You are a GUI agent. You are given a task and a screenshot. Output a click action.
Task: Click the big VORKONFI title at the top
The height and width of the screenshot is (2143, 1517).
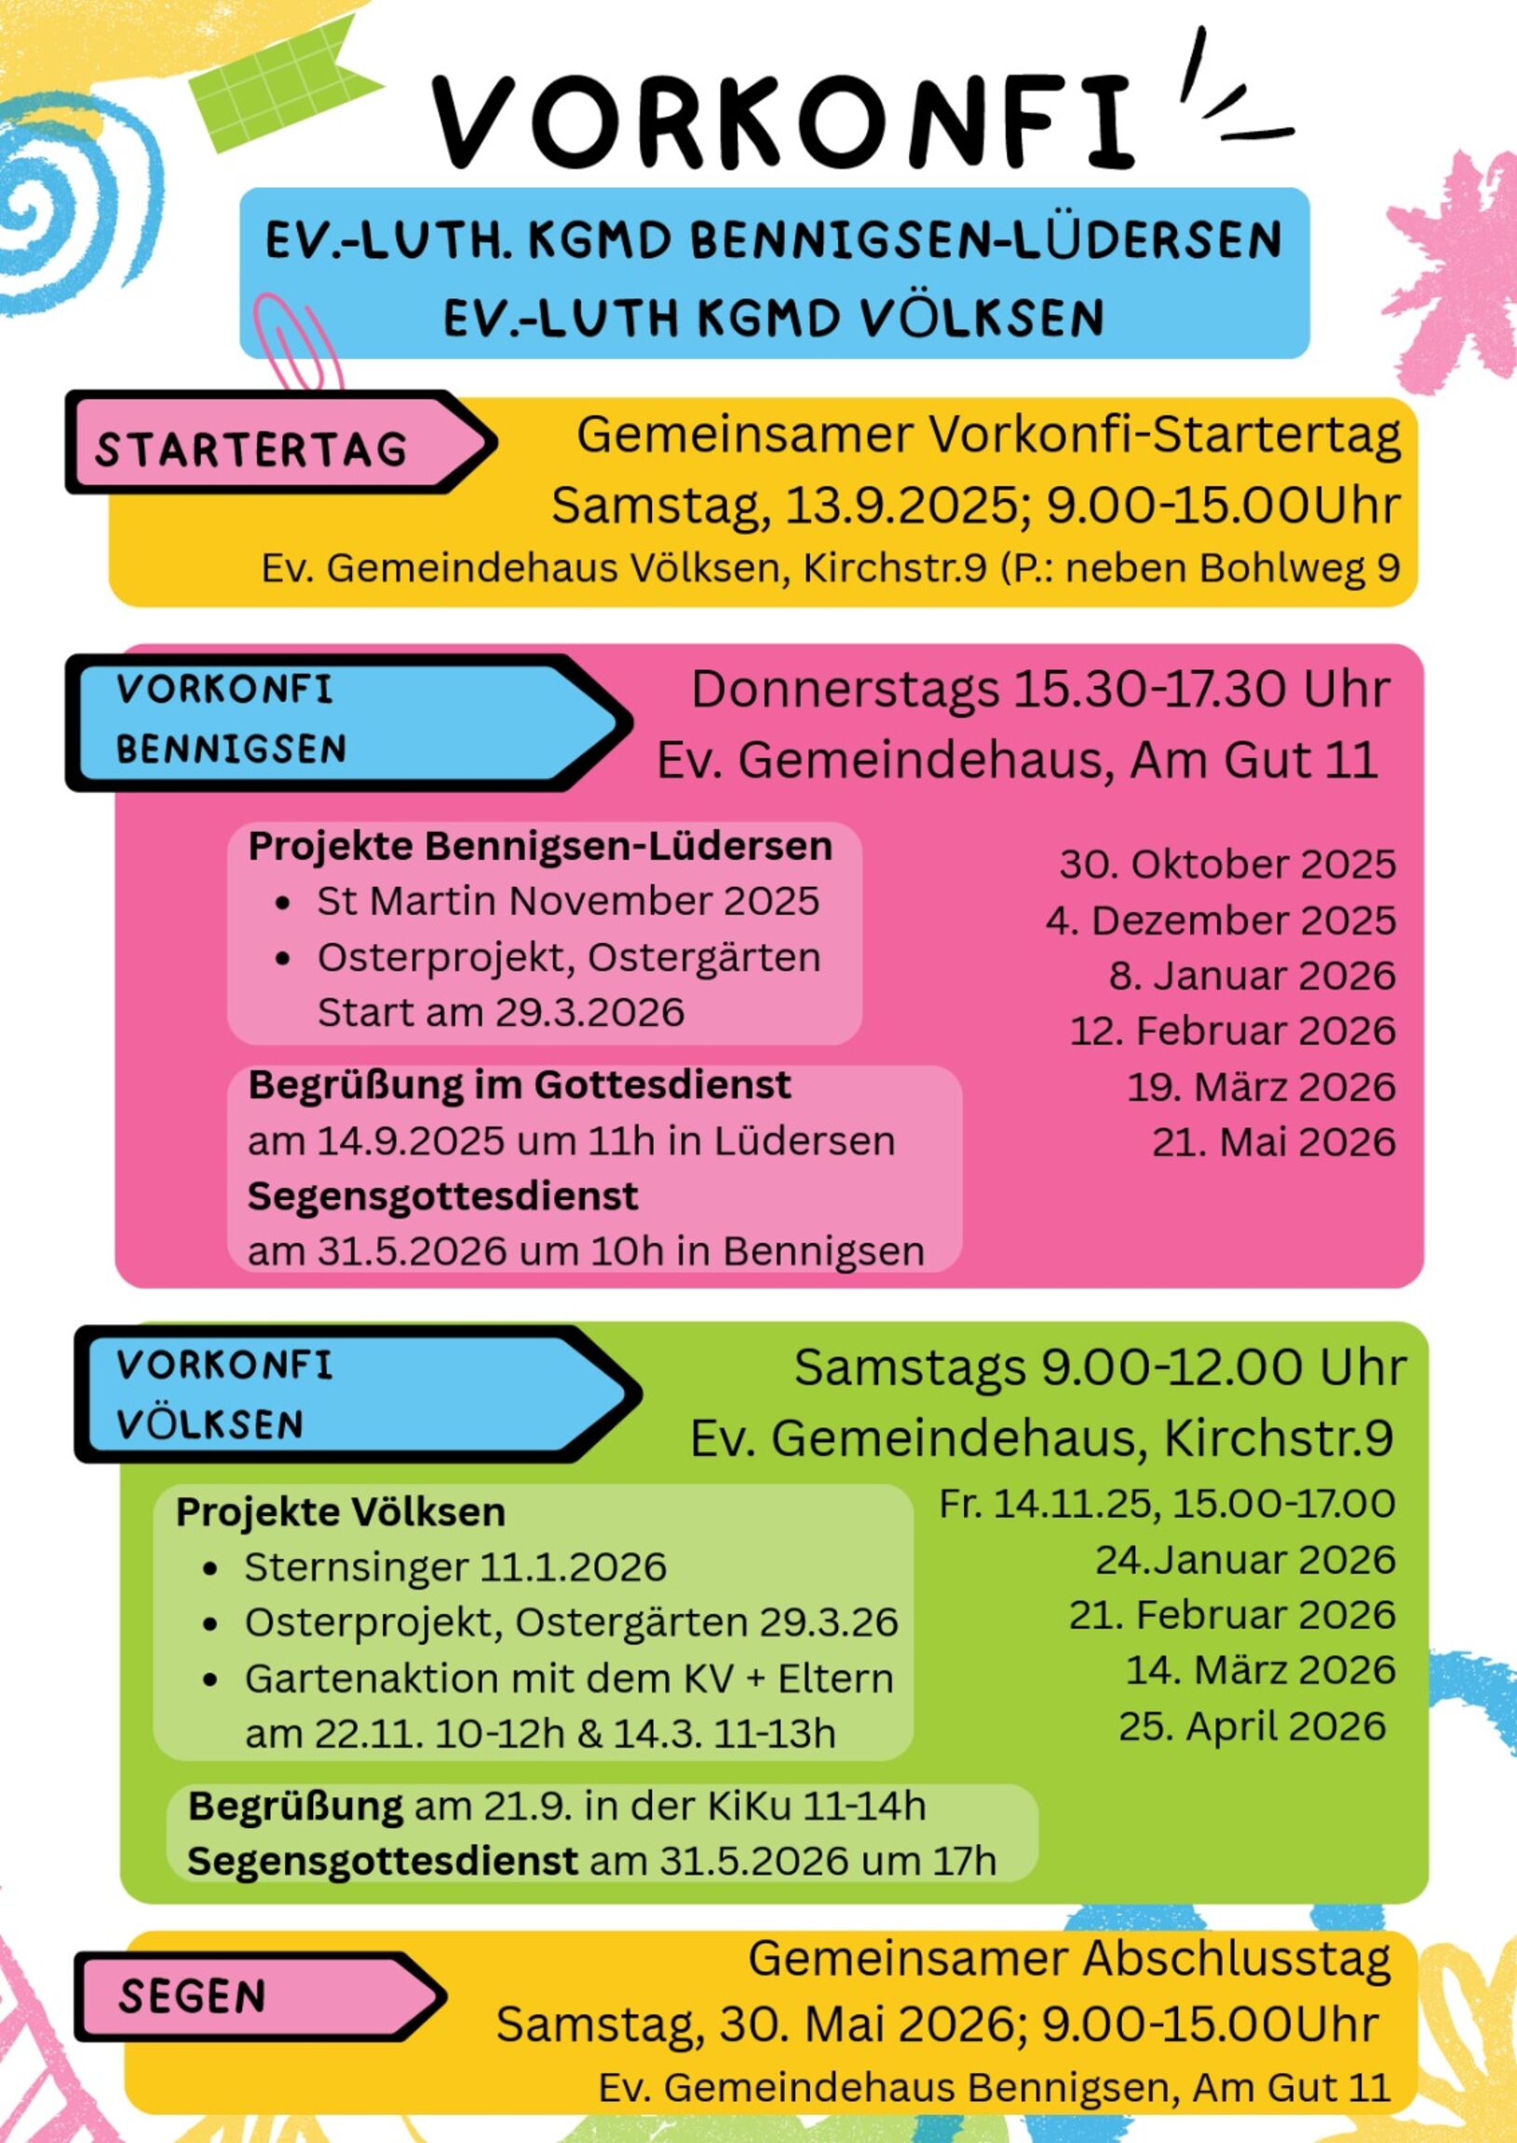pos(783,121)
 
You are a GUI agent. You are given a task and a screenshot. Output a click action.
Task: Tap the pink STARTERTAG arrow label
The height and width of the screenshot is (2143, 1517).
pos(252,449)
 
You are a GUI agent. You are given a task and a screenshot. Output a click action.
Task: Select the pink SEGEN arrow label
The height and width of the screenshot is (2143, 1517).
pos(194,1998)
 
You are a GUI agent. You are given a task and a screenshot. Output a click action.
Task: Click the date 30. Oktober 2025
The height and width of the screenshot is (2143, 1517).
pos(1226,865)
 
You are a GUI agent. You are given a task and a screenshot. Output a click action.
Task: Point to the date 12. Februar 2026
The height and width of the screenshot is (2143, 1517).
pos(1231,1031)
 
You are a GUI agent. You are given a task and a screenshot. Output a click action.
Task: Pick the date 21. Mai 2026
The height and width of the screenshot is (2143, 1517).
pos(1273,1142)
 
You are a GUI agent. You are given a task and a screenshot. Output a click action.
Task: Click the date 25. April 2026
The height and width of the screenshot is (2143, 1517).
pos(1252,1727)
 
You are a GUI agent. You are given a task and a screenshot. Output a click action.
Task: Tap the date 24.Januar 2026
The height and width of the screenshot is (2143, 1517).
pos(1244,1560)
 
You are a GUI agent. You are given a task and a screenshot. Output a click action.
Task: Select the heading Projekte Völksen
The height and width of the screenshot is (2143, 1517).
pos(340,1512)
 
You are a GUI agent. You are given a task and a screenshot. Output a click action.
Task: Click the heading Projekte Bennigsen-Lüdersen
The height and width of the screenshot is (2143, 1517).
pos(540,847)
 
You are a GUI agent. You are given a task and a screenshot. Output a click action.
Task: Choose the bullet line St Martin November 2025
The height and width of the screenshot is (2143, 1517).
pos(567,902)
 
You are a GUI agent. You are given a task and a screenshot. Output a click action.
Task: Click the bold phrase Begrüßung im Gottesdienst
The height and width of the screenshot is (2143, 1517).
pos(520,1085)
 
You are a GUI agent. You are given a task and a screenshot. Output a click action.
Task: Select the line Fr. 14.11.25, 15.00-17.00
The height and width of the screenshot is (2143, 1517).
pos(1167,1504)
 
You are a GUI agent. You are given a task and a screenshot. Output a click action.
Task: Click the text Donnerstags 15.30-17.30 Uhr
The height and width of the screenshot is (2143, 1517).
pos(1039,689)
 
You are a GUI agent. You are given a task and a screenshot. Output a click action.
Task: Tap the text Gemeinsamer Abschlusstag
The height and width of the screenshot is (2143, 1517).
pos(1069,1958)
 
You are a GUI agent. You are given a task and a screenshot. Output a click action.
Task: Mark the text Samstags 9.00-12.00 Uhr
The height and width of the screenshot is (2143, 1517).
pos(1100,1367)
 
